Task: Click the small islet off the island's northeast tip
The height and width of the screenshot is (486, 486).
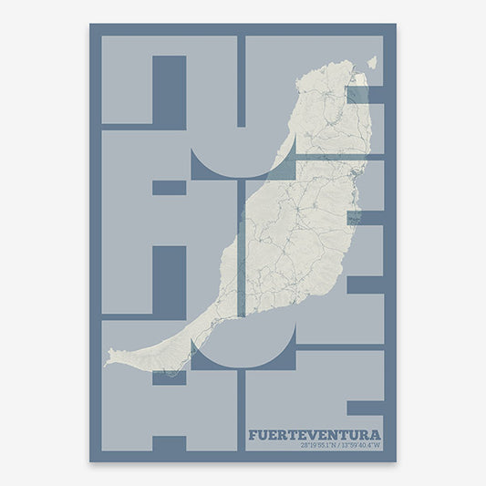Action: [x=371, y=63]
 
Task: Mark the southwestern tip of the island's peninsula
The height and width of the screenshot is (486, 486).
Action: [x=108, y=361]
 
